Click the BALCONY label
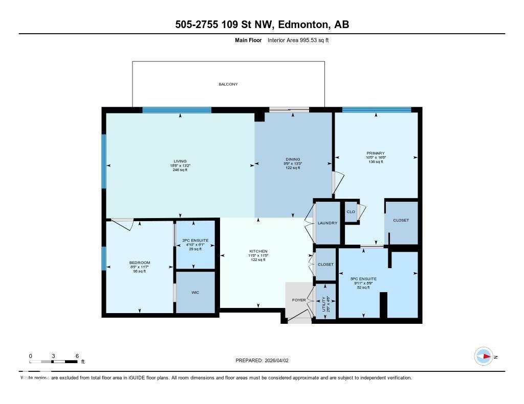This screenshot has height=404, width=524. pos(228,84)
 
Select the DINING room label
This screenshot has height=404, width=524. pos(293,159)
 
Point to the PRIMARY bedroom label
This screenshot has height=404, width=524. pos(375,153)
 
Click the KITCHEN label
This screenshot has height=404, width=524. pos(258,251)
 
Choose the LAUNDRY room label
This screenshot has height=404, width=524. pos(327,223)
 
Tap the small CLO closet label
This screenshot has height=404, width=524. pos(351,211)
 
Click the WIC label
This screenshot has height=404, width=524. pos(195,293)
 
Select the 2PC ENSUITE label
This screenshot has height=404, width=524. pos(195,240)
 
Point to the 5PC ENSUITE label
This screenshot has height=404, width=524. pos(363,279)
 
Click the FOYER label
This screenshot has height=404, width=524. pos(299,300)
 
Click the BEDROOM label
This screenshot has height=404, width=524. pos(139,263)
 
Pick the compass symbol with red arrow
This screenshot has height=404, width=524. pos(483,356)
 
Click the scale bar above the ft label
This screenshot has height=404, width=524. pos(54,362)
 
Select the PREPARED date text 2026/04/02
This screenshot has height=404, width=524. pos(279,360)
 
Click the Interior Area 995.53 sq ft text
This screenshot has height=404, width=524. pos(298,40)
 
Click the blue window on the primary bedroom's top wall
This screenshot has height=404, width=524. pos(376,109)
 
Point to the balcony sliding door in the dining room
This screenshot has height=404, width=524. pos(290,109)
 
